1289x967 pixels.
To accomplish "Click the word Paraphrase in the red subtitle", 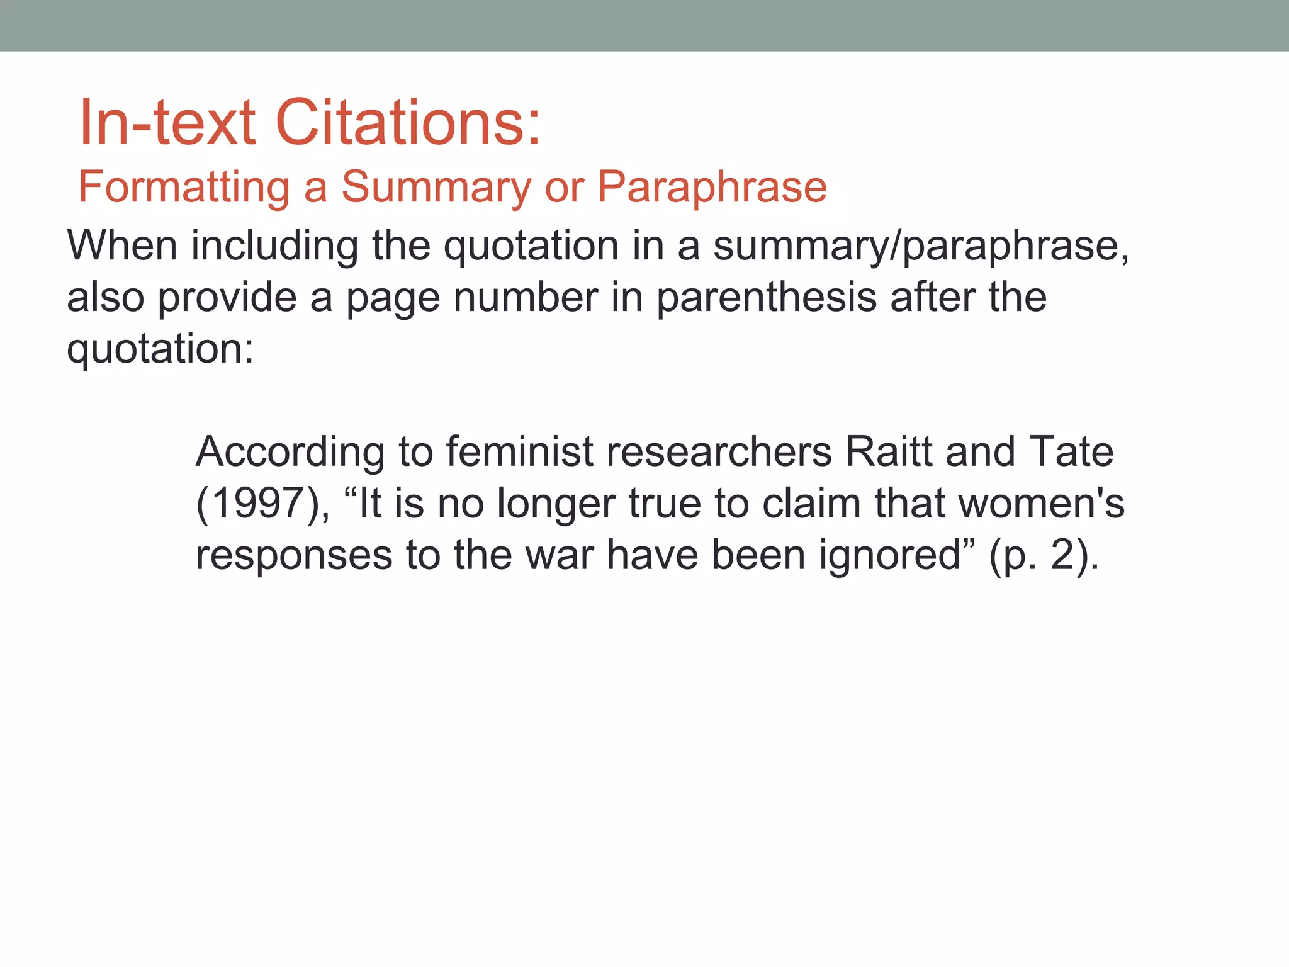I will coord(712,187).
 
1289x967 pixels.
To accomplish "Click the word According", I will coord(290,451).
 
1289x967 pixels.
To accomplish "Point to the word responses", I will coord(294,555).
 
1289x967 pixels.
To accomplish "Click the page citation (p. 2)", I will coord(1043,557).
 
